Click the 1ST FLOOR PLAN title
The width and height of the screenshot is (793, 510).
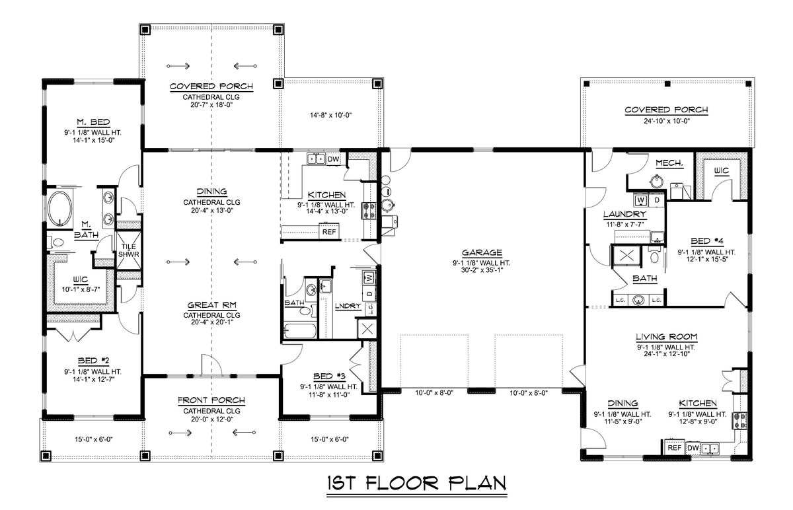point(416,484)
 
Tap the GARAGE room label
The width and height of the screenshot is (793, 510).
point(482,252)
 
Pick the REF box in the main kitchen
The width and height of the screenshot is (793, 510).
point(328,232)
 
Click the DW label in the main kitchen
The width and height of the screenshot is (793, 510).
point(333,159)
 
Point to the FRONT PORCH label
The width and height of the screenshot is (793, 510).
point(211,400)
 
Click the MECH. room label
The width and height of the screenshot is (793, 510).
point(669,163)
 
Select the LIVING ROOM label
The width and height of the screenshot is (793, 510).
point(667,336)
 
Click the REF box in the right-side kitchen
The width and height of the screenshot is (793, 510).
point(674,448)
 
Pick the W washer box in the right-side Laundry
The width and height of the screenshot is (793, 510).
point(640,199)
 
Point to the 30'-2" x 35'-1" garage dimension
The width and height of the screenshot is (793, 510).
point(482,270)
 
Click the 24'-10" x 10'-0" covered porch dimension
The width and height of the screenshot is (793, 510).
point(667,121)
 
